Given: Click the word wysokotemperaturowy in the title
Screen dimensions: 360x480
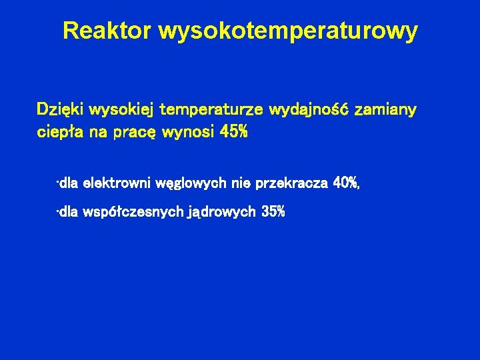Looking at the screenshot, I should [x=288, y=31].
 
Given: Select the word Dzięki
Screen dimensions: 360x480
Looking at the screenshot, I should [x=60, y=109].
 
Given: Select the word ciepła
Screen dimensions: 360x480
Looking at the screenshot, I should [x=58, y=132].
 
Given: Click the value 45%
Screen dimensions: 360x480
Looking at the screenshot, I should [x=233, y=132].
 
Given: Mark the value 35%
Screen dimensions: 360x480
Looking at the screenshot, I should [x=274, y=212].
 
